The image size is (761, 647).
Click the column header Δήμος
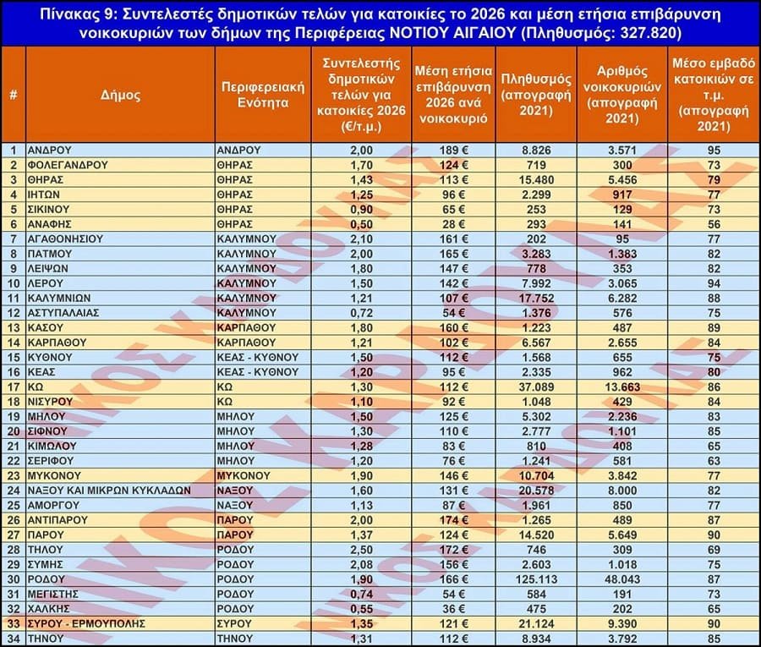click(119, 95)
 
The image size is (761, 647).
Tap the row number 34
click(14, 639)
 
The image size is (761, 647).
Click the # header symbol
click(14, 95)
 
